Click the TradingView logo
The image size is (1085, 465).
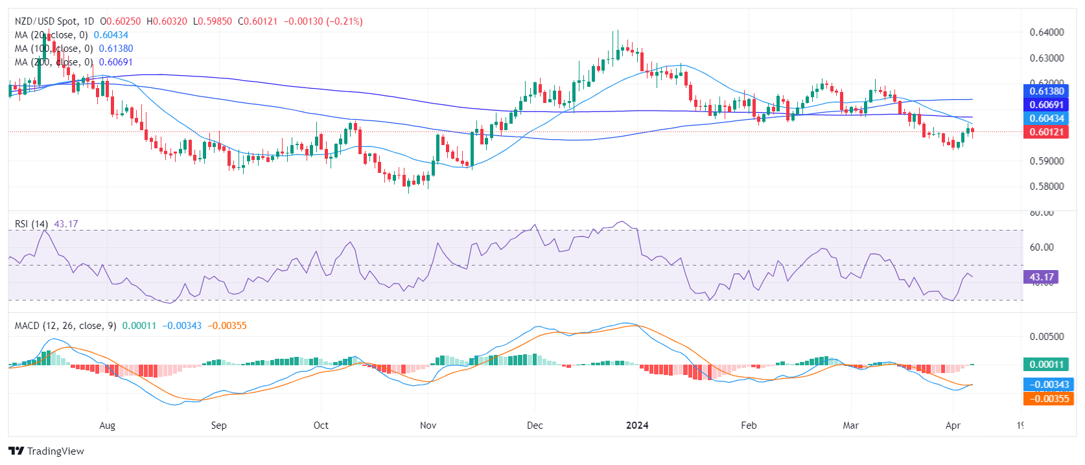[46, 451]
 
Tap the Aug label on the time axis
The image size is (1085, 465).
[107, 425]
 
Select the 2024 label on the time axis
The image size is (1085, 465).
[637, 425]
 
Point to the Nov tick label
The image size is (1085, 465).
[428, 425]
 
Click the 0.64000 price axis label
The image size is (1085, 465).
[1047, 32]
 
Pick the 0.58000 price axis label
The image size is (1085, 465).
[1047, 187]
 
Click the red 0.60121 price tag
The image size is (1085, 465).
[1047, 132]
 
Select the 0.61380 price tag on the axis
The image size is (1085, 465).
[1047, 91]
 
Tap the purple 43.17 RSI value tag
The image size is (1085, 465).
[1041, 277]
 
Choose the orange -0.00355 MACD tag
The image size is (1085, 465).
[1047, 398]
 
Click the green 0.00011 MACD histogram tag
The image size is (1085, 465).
[1047, 364]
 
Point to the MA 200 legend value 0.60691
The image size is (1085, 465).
[116, 62]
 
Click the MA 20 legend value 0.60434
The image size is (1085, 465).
[111, 35]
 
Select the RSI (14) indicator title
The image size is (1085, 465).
[31, 224]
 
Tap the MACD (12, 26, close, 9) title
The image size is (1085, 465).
[65, 326]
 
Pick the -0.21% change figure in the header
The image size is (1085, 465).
[345, 21]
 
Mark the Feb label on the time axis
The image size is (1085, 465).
[749, 425]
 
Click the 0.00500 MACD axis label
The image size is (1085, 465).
[1047, 337]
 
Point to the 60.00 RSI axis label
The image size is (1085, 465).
[1042, 247]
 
